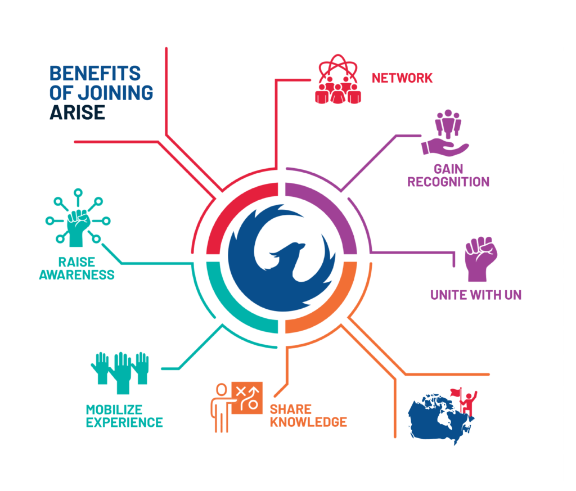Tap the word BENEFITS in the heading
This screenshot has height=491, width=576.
94,73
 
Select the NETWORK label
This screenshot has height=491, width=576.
402,78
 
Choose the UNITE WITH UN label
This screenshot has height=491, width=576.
476,295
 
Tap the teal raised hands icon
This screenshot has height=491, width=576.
119,371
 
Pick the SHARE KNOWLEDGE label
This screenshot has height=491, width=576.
308,415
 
